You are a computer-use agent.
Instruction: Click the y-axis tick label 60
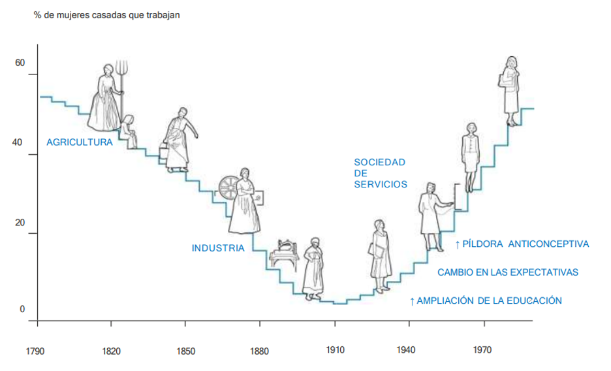click(x=20, y=63)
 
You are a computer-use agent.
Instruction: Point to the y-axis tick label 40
click(x=20, y=143)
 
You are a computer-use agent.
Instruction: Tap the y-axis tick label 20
click(x=20, y=223)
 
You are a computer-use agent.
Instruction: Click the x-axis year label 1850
click(x=185, y=351)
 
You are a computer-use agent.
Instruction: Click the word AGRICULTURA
click(x=79, y=142)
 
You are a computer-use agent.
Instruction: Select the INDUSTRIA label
click(x=218, y=248)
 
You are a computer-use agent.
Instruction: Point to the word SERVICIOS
click(x=381, y=184)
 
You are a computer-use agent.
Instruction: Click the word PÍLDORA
click(x=482, y=244)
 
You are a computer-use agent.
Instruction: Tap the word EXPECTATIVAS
click(x=545, y=272)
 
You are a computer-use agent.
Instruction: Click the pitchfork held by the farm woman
click(x=121, y=75)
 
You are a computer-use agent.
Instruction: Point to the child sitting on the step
click(x=129, y=131)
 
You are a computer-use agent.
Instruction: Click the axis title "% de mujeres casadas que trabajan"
click(x=106, y=15)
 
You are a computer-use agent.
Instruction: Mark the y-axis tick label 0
click(x=22, y=309)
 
